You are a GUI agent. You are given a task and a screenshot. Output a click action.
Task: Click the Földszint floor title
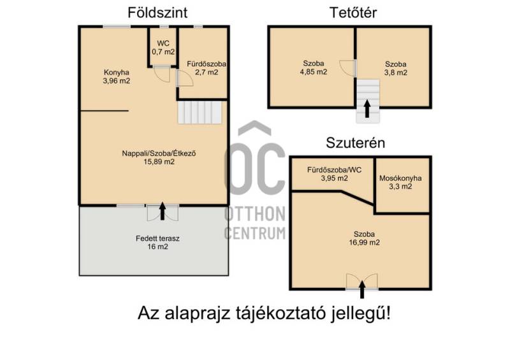pos(157,13)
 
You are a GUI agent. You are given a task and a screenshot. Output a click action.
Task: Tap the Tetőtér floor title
pos(353,13)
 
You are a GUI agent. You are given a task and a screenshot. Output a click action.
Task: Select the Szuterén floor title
pos(356,143)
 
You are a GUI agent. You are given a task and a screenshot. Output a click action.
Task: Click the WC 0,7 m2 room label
pos(163,48)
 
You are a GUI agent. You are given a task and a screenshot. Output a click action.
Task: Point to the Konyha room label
pos(117,76)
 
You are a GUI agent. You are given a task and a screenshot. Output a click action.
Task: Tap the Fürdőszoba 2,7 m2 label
pos(206,68)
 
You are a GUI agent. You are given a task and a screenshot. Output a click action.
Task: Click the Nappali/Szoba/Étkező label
pos(159,157)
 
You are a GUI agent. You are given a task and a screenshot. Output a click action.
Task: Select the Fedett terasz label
pos(157,242)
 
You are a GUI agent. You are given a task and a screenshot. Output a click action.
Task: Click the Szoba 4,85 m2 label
pos(314,68)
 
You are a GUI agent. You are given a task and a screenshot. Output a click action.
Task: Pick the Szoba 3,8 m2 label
pos(395,68)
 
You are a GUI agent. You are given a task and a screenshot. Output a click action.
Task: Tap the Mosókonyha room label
pos(400,182)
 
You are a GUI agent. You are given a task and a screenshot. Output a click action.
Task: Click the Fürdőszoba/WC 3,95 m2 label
pos(334,174)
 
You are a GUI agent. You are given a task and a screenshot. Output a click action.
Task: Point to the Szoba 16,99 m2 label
pos(364,238)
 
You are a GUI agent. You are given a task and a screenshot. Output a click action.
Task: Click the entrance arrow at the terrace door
pos(163,211)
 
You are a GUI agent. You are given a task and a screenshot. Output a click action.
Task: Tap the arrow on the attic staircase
pos(367,108)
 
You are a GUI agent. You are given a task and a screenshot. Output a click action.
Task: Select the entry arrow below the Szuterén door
pos(362,289)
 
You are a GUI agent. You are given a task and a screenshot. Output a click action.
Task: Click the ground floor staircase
pos(200,113)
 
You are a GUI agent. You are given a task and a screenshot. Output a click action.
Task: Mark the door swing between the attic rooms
pos(347,68)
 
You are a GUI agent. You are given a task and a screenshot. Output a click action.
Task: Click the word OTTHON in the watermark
pos(255,213)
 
